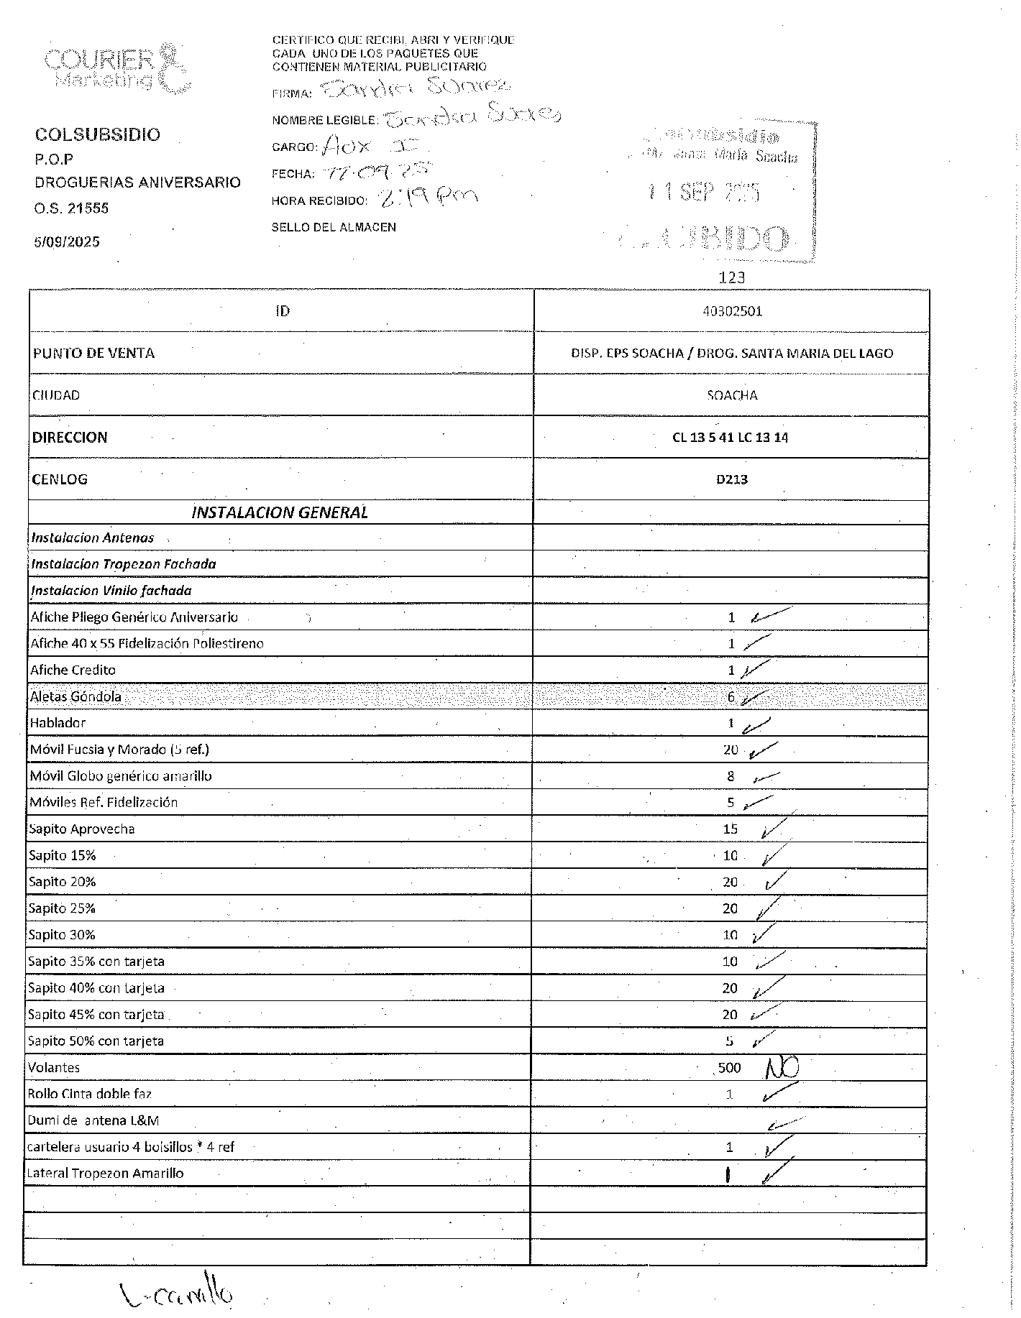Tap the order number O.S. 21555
click(71, 208)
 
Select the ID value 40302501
click(731, 311)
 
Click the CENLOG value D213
click(731, 479)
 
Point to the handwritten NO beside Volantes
click(782, 1069)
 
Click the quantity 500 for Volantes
click(729, 1068)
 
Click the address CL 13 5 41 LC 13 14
click(730, 438)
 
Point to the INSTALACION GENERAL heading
click(280, 512)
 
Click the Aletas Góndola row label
click(75, 696)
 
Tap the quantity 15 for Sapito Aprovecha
click(730, 829)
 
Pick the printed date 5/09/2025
click(67, 241)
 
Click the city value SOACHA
click(732, 395)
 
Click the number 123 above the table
click(731, 277)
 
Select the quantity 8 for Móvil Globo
click(731, 776)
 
